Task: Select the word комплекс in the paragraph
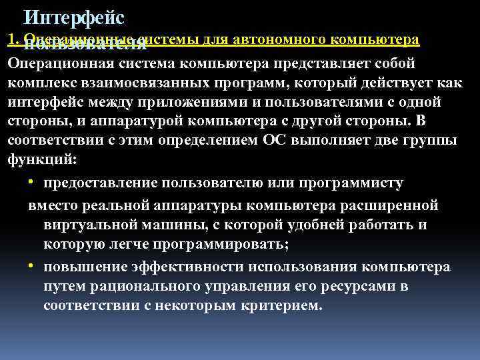(41, 84)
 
